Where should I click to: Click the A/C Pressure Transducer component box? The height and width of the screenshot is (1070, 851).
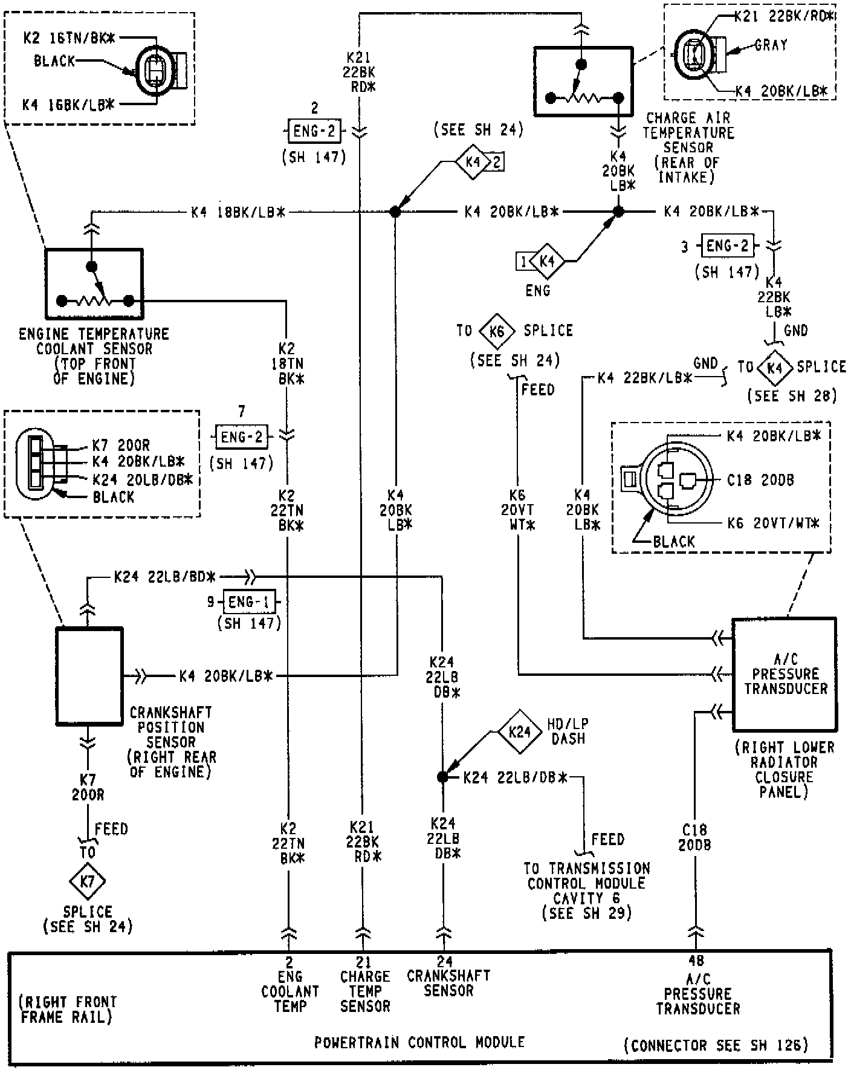point(785,674)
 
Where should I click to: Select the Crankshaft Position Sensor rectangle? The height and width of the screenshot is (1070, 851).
point(89,676)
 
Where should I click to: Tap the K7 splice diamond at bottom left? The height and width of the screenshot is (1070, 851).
point(88,881)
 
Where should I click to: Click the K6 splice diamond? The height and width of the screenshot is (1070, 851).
point(497,331)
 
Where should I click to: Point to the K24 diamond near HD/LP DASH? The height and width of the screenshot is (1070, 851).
point(520,732)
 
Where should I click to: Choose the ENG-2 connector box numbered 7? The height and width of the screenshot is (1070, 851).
point(242,436)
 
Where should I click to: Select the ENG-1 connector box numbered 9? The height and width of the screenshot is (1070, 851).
point(250,602)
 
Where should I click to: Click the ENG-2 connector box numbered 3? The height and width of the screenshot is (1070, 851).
point(727,246)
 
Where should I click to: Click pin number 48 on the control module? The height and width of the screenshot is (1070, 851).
point(696,961)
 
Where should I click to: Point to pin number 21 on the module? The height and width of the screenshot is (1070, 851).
point(363,961)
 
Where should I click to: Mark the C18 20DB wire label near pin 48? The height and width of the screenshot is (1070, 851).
point(694,837)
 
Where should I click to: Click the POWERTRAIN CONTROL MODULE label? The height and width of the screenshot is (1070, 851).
point(419,1042)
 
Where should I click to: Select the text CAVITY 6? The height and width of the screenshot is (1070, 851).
point(587,898)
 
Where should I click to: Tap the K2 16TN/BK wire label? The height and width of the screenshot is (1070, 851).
point(70,38)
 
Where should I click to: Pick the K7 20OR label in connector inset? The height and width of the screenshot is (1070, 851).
point(121,446)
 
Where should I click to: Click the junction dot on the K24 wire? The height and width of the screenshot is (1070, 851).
point(442,777)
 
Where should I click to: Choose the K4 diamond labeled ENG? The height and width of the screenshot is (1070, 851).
point(547,262)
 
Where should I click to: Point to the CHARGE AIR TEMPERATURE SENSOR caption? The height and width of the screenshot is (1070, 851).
point(688,132)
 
